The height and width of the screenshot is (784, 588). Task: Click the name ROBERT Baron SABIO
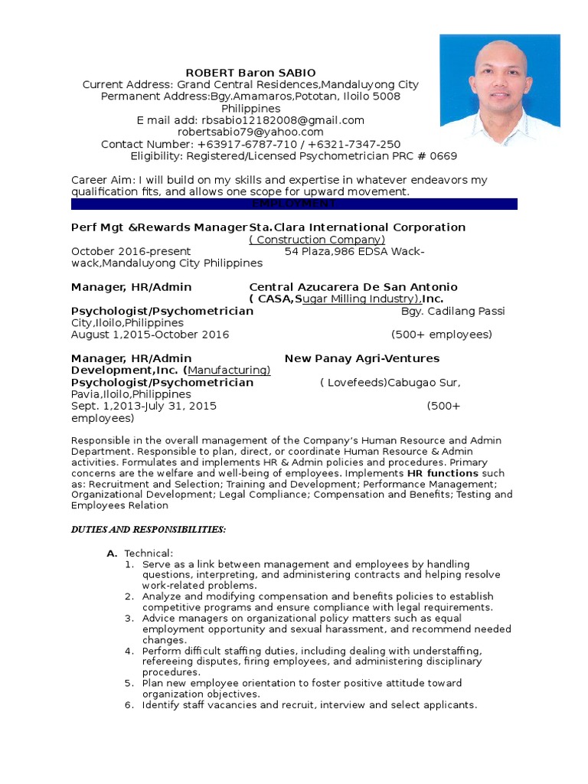point(251,73)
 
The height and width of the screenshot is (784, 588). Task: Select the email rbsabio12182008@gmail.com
point(283,120)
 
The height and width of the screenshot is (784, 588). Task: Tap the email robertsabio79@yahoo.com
point(250,132)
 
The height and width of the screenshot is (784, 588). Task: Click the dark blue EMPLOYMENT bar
point(294,204)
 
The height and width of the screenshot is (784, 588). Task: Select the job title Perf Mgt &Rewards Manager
point(159,227)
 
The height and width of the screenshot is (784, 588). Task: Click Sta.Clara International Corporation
point(358,227)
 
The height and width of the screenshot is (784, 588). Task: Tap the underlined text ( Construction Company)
point(317,240)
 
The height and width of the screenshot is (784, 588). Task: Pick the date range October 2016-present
point(131,251)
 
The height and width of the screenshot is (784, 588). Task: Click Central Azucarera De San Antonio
point(354,287)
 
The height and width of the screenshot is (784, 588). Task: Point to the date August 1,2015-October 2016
point(150,335)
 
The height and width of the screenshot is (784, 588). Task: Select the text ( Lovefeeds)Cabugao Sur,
point(390,382)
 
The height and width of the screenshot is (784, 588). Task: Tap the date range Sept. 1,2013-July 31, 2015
point(144,407)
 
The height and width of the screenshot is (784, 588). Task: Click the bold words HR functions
point(443,473)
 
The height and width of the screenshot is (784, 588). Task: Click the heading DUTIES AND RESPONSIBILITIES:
point(149,530)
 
